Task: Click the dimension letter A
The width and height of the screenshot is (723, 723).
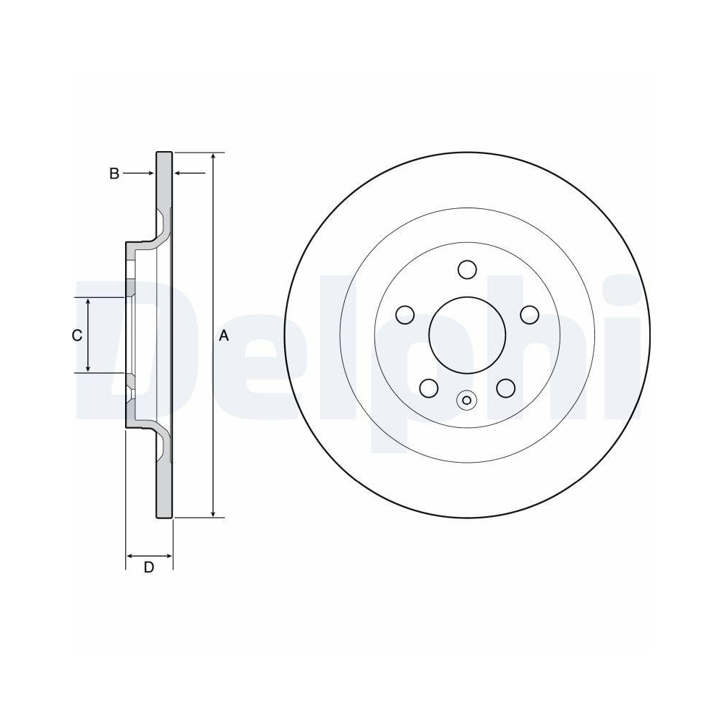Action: [223, 335]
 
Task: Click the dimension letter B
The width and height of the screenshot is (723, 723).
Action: [114, 174]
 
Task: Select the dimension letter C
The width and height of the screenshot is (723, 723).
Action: [76, 335]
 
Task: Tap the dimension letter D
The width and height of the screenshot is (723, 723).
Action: [149, 568]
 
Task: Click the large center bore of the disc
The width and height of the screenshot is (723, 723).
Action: [467, 335]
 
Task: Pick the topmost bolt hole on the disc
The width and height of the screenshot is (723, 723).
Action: [467, 270]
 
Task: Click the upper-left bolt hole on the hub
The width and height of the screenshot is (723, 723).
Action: [405, 315]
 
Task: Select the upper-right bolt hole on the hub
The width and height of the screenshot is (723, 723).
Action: [530, 315]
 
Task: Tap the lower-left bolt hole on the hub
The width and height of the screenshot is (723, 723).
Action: [429, 388]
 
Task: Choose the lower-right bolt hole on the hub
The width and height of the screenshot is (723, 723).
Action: [506, 388]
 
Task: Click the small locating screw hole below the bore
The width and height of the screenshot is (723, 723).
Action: [467, 400]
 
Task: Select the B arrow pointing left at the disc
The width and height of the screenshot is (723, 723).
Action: [179, 174]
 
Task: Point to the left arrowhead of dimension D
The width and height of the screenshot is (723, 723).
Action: [131, 556]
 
